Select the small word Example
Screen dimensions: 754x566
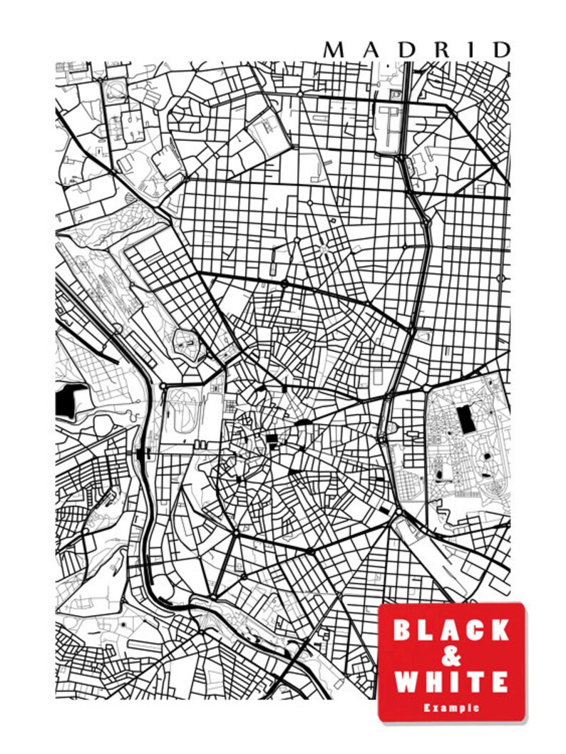(451, 708)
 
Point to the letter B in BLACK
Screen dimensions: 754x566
(403, 630)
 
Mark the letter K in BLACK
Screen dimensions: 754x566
(500, 630)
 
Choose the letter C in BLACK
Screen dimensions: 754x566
(476, 630)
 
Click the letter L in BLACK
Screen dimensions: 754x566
(427, 630)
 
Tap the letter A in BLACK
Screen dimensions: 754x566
(451, 630)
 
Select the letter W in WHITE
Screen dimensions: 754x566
(407, 681)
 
